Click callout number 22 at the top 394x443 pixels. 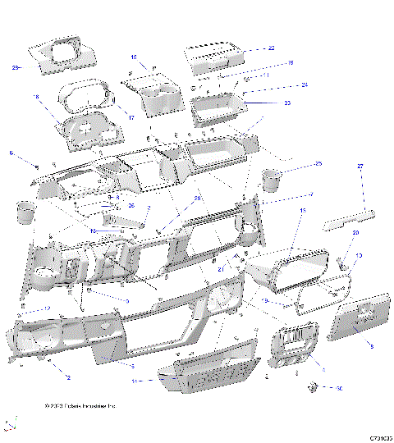tap(272, 48)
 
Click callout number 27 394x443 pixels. tap(360, 167)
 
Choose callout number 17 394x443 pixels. tap(131, 117)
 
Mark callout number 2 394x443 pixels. tap(68, 377)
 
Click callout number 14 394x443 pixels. tap(135, 381)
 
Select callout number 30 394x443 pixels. tap(339, 388)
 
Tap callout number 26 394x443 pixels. tap(131, 205)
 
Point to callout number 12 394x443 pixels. tap(47, 308)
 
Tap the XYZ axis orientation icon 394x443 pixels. tap(10, 424)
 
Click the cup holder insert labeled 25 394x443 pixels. tap(273, 178)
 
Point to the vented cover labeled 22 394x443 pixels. tap(214, 58)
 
